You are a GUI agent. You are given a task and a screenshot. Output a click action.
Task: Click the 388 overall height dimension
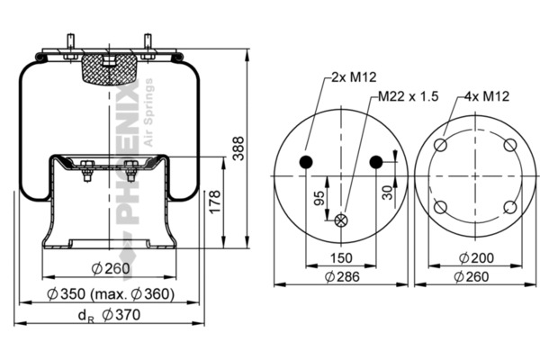coord(238,148)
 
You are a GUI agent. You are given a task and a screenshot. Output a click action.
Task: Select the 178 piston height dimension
coord(214,202)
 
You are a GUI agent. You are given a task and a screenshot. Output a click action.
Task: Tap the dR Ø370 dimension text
coord(109,315)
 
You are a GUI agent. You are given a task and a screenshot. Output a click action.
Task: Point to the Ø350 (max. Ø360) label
coord(111,294)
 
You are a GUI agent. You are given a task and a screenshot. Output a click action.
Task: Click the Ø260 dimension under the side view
coord(111,269)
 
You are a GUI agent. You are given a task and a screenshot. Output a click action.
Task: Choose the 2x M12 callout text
coord(354,77)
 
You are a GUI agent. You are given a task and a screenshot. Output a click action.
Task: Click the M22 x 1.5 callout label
coord(409,96)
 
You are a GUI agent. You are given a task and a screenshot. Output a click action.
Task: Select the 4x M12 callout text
coord(487,96)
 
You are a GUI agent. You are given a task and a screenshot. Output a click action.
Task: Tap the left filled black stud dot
coord(306,162)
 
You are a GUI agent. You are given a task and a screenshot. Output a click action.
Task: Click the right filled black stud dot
coord(376,162)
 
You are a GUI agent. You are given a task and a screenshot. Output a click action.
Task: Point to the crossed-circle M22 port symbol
coord(341,220)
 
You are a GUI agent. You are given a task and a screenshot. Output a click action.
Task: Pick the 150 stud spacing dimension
coord(341,258)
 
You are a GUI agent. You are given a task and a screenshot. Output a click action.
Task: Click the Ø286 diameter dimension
coord(342,276)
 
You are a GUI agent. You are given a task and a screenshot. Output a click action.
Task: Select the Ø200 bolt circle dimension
coord(476,257)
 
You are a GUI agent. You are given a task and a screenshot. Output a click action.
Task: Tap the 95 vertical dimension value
coord(319,198)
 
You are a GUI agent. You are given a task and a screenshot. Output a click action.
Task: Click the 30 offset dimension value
coord(387,193)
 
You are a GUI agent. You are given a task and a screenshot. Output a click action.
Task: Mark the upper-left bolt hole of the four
coord(440,145)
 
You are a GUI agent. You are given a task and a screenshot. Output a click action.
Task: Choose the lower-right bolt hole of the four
coord(510,207)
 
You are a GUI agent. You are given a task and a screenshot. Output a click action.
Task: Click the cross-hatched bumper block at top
coord(109,69)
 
